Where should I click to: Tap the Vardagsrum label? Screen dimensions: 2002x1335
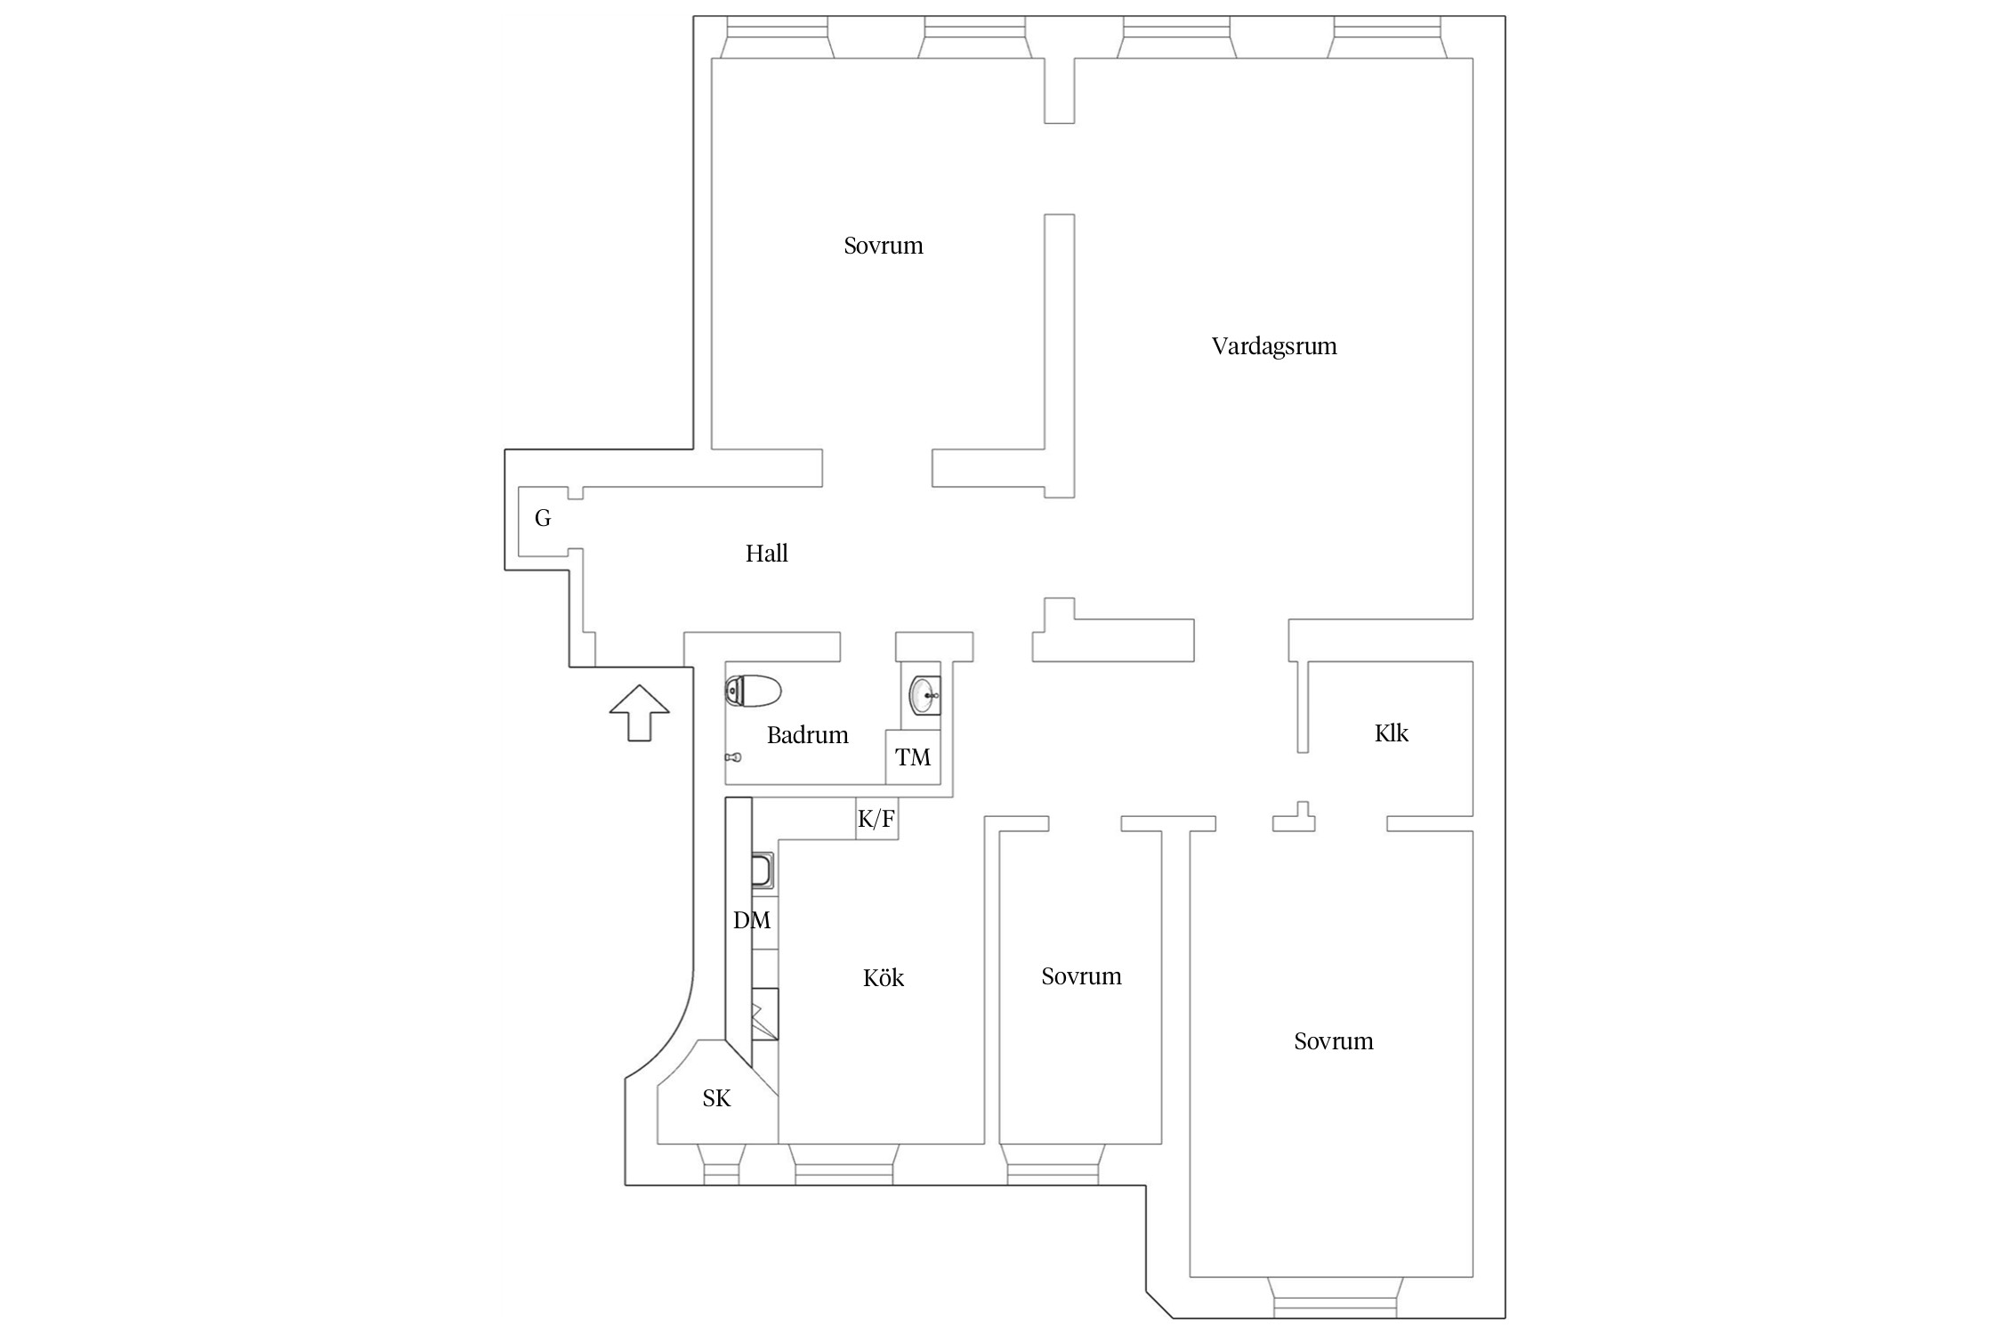click(x=1274, y=346)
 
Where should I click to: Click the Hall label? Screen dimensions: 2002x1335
click(x=767, y=554)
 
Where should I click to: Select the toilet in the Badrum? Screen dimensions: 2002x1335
click(x=754, y=692)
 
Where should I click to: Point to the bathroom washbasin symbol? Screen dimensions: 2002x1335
click(x=924, y=695)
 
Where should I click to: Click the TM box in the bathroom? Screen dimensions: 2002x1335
click(x=913, y=756)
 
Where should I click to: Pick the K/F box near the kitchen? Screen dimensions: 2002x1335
click(x=876, y=818)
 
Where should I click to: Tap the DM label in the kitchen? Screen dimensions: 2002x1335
click(x=752, y=920)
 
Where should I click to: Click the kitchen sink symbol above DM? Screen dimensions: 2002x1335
click(x=763, y=870)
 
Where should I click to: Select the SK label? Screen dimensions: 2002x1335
click(x=716, y=1099)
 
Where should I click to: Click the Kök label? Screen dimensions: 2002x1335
click(x=884, y=978)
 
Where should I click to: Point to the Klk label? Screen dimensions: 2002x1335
click(x=1392, y=733)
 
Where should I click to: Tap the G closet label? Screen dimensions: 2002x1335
click(x=543, y=518)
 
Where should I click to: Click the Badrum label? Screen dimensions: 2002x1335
click(x=808, y=735)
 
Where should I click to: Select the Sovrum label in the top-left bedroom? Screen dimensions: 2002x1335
click(x=884, y=246)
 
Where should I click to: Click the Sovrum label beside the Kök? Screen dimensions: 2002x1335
click(x=1082, y=976)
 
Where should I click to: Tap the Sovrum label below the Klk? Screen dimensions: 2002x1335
click(x=1334, y=1041)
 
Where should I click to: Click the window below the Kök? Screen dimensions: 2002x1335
click(x=843, y=1164)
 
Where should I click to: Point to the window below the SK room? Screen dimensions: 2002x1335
click(x=721, y=1164)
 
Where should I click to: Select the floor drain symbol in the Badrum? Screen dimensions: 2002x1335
click(x=732, y=757)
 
